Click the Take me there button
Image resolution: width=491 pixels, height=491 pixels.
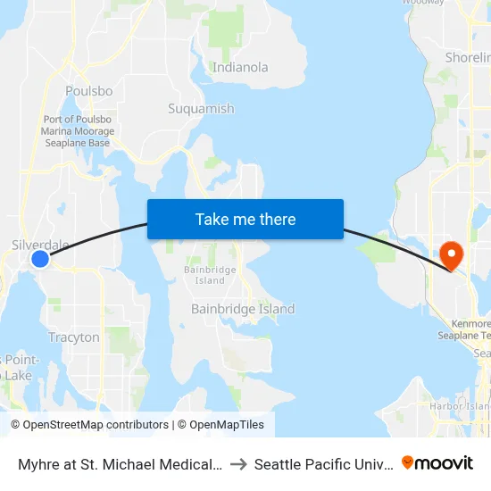click(245, 219)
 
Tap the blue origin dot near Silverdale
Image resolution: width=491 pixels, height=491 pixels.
click(40, 259)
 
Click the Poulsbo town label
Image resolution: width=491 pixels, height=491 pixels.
click(89, 91)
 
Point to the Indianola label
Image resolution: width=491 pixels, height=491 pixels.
click(240, 67)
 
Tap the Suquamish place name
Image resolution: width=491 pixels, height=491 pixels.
click(201, 109)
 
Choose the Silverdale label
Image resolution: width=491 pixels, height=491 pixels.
click(40, 245)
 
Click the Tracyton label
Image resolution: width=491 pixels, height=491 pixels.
click(74, 337)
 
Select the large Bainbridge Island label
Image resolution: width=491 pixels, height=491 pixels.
click(243, 309)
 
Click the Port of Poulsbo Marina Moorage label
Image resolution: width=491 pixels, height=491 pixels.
click(77, 131)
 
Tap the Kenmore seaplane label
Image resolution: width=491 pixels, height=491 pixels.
click(464, 329)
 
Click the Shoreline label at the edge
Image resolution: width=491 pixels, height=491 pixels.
click(468, 58)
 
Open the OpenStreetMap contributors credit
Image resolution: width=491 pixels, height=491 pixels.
click(89, 425)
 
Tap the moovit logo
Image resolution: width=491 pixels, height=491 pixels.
click(437, 462)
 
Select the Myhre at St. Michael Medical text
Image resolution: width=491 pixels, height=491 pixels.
click(120, 464)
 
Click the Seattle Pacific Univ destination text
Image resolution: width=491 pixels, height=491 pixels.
click(324, 464)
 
